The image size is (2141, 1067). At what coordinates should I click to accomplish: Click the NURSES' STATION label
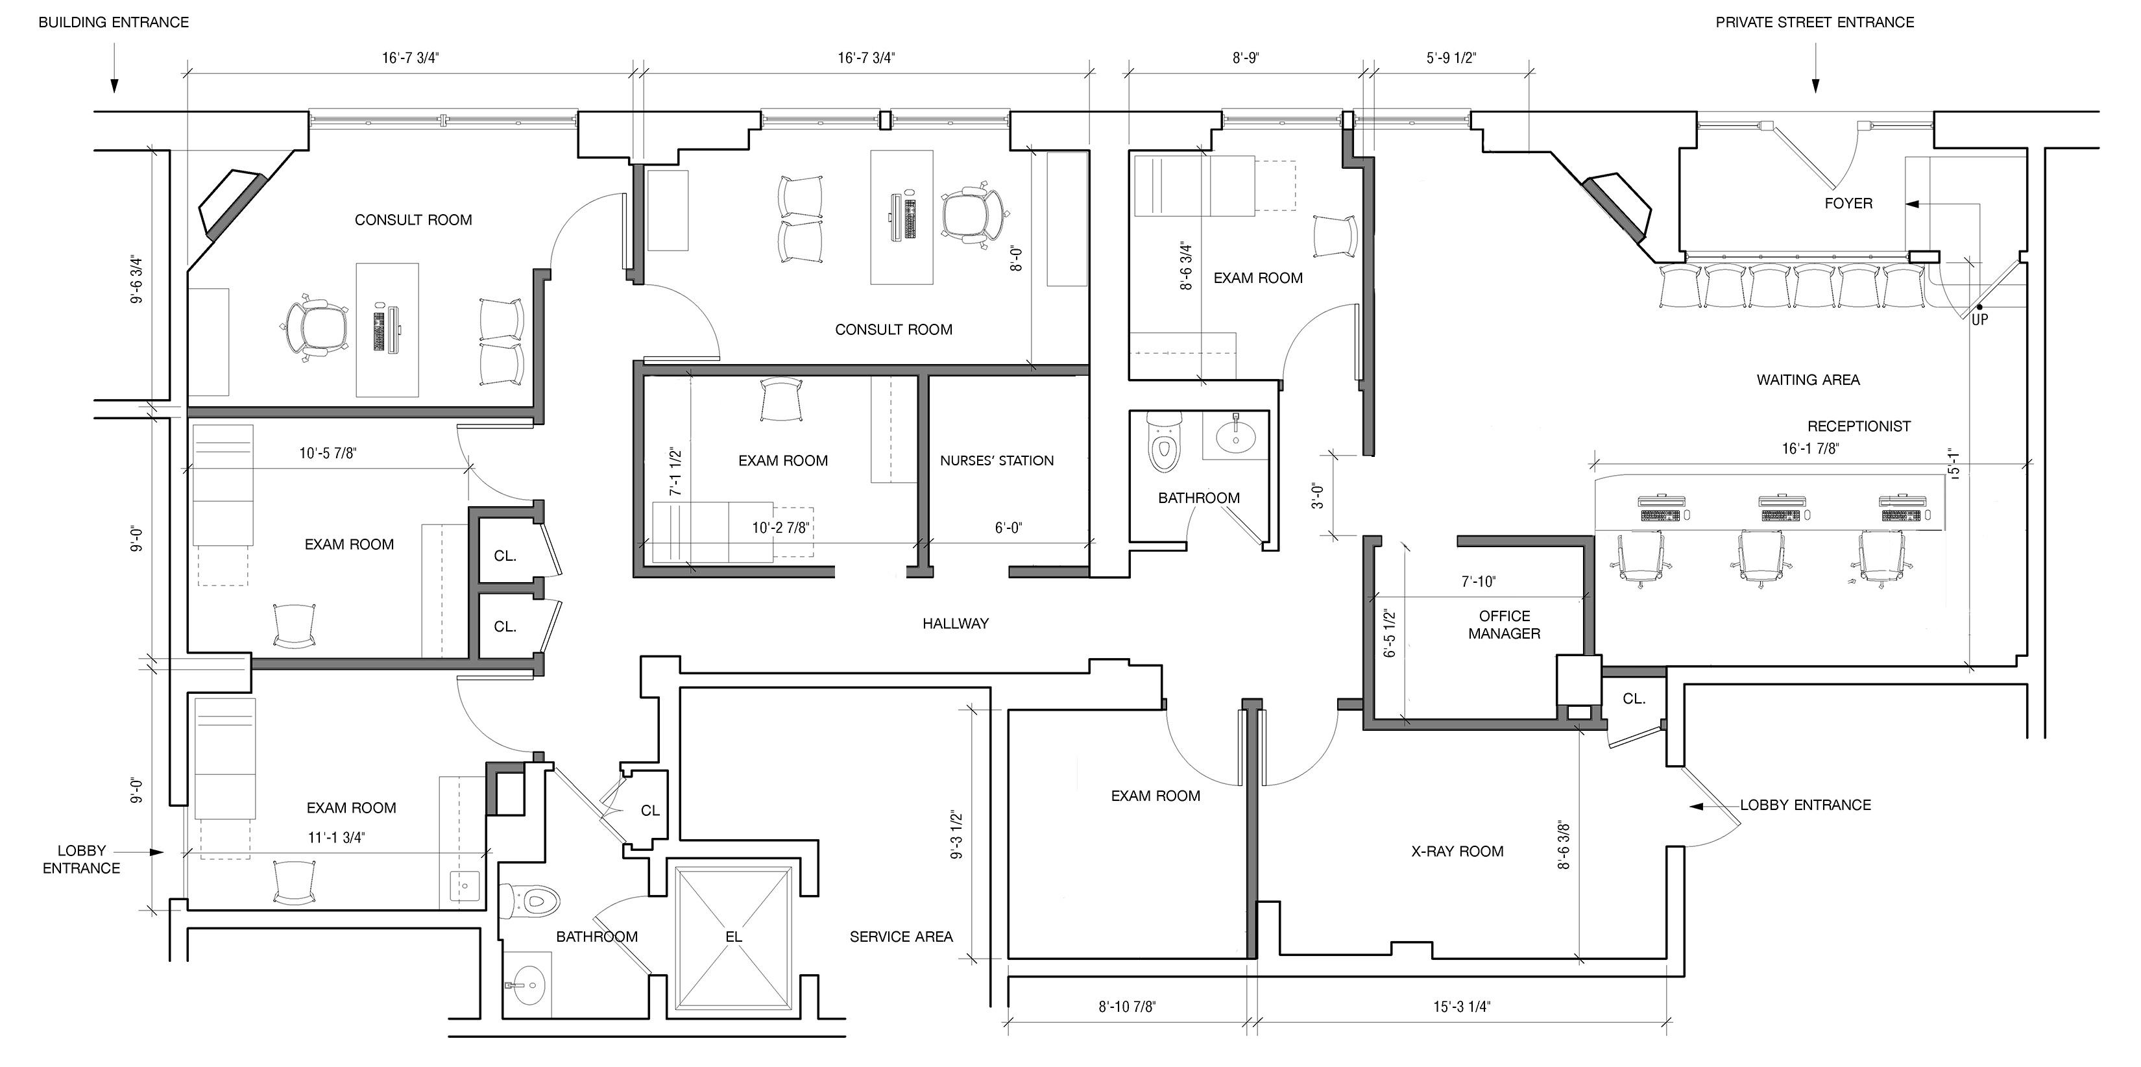997,461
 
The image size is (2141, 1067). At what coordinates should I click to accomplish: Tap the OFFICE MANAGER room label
1505,624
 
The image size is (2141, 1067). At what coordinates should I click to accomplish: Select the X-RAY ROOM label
1457,852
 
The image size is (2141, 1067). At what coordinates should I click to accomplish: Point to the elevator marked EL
733,937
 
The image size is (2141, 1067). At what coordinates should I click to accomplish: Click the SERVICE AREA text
901,937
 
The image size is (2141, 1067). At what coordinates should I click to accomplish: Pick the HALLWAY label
955,623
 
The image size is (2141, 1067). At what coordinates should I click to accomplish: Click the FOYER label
1848,203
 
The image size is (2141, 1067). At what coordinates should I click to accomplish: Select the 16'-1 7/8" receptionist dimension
1810,448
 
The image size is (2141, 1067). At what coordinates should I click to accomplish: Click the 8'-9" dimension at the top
1245,58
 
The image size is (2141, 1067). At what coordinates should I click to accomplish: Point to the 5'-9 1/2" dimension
1451,58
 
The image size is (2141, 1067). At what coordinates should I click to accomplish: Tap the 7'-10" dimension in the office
1479,582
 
